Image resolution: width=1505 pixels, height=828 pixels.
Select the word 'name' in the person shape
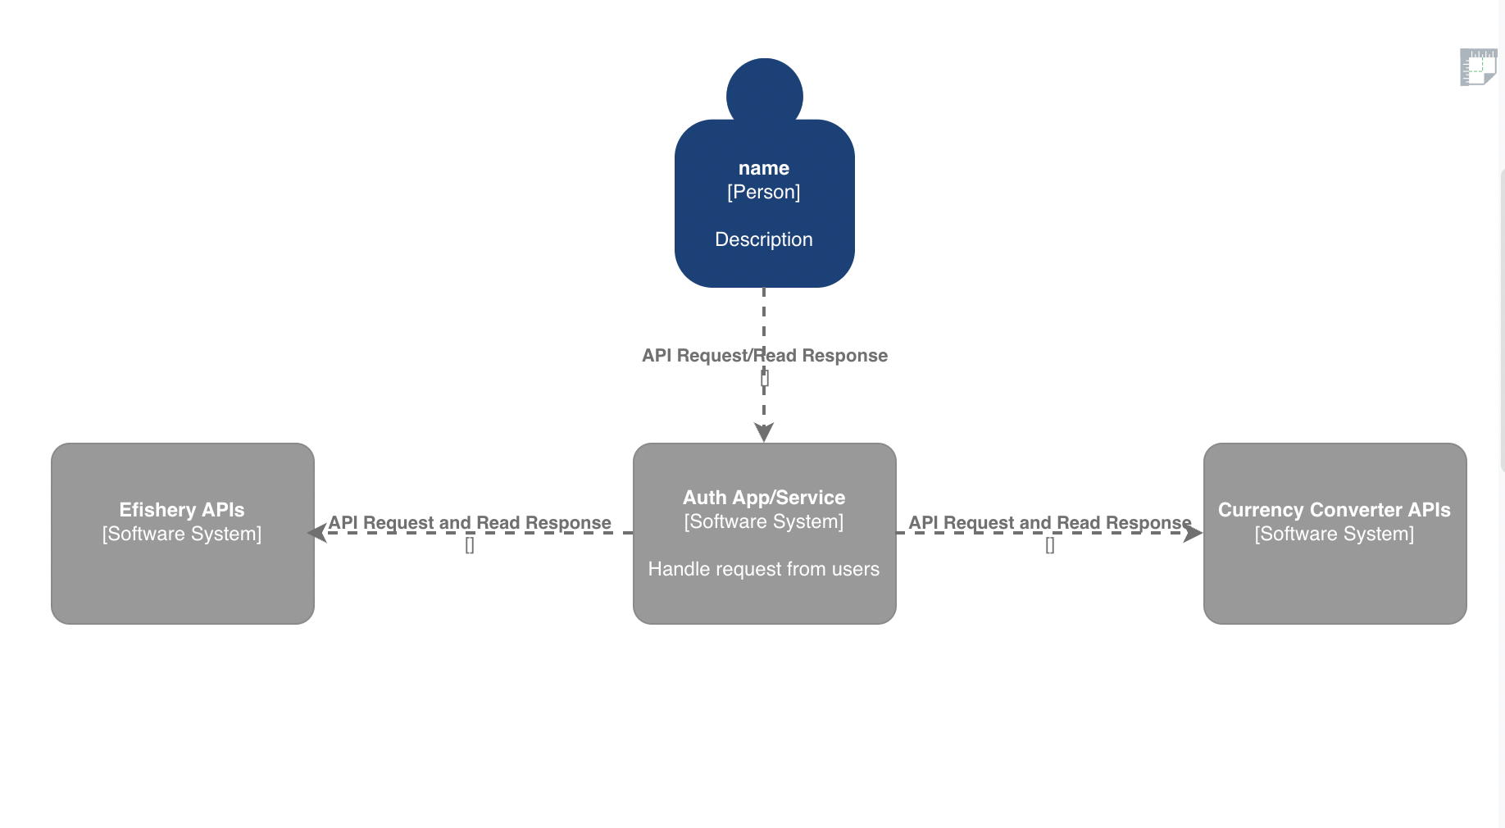764,168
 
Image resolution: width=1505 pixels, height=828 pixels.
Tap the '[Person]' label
764,192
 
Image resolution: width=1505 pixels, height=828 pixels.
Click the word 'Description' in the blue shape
764,239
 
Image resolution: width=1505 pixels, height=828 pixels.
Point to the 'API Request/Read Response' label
764,356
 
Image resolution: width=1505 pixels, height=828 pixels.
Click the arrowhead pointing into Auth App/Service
764,432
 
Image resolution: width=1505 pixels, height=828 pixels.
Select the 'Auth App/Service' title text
764,498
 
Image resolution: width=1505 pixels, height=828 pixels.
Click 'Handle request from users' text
764,569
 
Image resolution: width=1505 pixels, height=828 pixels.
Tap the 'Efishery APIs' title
182,510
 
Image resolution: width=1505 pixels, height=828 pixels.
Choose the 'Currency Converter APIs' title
1334,510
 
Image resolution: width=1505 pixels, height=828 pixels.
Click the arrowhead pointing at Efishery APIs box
317,533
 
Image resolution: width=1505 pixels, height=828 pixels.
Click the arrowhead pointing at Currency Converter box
1193,533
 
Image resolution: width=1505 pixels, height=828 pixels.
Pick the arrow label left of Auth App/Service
470,522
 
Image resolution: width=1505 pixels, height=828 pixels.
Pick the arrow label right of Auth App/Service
1049,522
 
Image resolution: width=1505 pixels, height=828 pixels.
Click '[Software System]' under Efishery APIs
182,534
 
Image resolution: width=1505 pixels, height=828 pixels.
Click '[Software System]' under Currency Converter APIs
1334,534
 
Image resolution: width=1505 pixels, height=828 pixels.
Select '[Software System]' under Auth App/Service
764,521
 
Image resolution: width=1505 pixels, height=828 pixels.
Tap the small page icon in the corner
1477,67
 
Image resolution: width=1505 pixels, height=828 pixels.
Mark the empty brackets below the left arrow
470,545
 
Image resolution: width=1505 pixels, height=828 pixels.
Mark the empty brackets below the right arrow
1050,545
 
